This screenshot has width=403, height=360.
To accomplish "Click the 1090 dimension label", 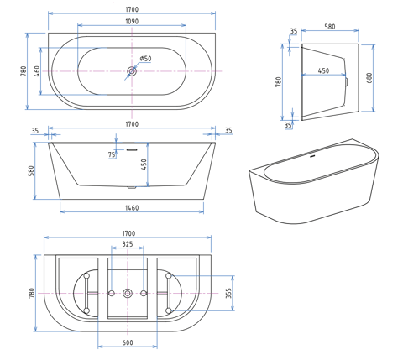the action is [132, 21].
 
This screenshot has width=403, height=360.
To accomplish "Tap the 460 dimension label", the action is [37, 71].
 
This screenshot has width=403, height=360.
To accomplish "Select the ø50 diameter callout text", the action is [145, 59].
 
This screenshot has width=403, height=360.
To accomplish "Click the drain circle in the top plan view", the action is [132, 71].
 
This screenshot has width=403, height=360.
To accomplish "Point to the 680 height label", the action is [369, 78].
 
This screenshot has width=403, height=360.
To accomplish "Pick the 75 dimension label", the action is [112, 154].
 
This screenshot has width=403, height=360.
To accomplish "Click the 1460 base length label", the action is [132, 208].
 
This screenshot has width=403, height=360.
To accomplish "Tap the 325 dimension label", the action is [128, 244].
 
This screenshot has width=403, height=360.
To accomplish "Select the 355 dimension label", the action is [228, 293].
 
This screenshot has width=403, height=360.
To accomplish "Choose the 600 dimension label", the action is [128, 342].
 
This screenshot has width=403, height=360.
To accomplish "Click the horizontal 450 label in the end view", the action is [323, 70].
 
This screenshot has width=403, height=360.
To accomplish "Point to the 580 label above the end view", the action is [330, 27].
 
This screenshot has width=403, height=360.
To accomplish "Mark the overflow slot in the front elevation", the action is [132, 149].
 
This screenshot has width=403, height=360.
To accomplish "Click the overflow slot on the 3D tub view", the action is [313, 156].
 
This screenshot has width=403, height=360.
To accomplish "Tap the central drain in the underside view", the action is [128, 293].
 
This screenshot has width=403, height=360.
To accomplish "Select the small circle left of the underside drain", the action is [112, 293].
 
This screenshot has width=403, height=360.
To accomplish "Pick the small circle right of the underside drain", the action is [144, 293].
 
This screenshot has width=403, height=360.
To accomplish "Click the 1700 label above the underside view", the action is [128, 233].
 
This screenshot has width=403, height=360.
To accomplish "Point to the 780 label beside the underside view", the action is [32, 293].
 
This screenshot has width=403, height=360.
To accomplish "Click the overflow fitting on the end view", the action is [347, 81].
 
